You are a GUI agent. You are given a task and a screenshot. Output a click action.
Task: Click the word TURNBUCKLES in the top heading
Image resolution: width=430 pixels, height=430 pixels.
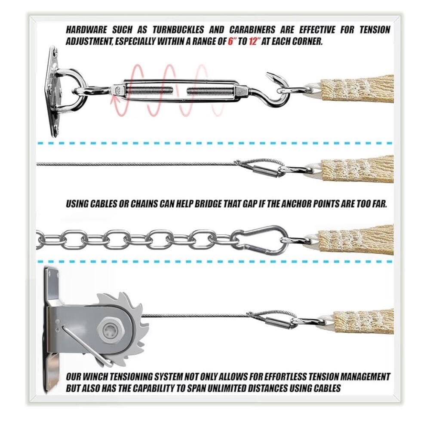coord(178,30)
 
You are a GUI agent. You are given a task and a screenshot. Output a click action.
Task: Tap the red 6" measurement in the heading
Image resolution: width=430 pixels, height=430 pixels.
coord(232,41)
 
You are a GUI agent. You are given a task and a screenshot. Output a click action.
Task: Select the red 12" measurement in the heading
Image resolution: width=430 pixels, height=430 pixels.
coord(254,41)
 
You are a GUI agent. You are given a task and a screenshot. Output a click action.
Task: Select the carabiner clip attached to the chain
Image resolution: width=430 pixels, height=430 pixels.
coord(259,240)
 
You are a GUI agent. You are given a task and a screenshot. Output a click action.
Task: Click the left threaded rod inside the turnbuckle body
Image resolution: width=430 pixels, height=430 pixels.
coord(150,90)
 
